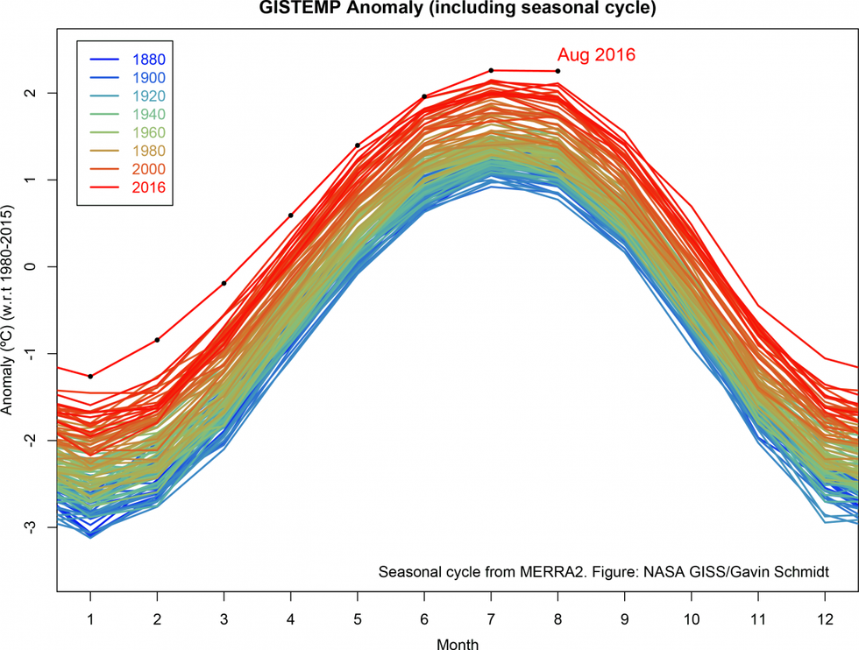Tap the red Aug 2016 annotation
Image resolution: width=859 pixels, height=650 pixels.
[x=596, y=54]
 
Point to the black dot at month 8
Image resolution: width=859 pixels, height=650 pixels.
[x=557, y=71]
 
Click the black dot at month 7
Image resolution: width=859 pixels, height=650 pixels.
[x=491, y=70]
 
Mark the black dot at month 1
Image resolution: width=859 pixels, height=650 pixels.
[x=90, y=376]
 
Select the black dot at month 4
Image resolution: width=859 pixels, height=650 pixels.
[x=290, y=215]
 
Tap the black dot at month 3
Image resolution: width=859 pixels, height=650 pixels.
[x=224, y=283]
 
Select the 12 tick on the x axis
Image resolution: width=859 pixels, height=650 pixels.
[x=824, y=619]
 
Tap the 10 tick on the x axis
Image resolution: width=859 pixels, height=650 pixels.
[x=691, y=619]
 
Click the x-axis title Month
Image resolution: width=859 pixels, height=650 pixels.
[x=457, y=644]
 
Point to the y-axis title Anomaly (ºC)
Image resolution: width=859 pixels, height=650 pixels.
[x=9, y=311]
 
